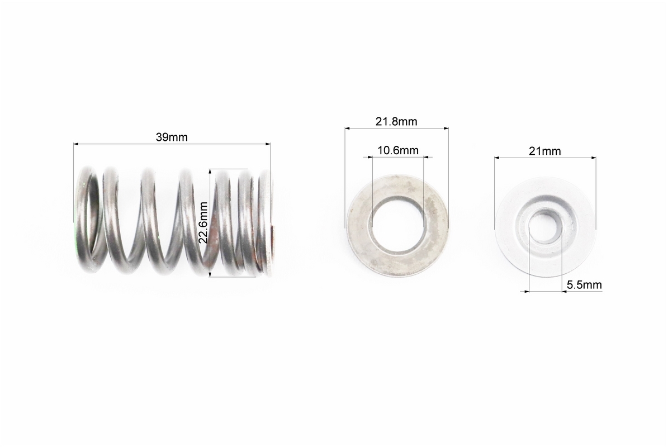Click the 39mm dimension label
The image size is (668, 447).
[x=171, y=137]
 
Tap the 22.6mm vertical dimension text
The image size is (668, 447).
[x=203, y=222]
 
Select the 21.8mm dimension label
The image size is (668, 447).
[x=396, y=121]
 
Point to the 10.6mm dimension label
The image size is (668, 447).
[x=398, y=150]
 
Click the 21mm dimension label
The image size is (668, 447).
[x=545, y=151]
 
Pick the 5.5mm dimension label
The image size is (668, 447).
[x=584, y=285]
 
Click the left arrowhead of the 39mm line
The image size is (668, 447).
[x=76, y=144]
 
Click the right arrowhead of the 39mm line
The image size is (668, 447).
[x=268, y=144]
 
